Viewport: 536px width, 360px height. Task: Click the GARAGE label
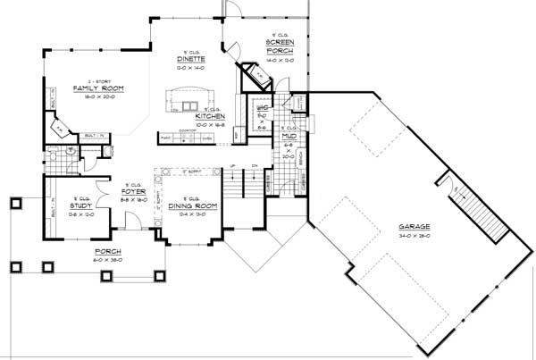[x=415, y=229]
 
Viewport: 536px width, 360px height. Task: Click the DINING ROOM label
[x=188, y=207]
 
